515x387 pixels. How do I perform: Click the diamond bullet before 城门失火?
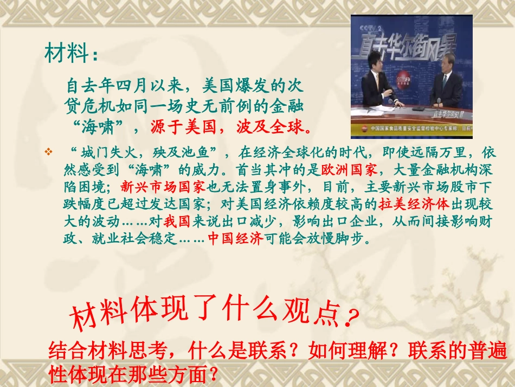point(48,151)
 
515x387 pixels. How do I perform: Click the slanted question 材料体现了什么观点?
point(206,314)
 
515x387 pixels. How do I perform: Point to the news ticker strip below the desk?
point(411,129)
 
